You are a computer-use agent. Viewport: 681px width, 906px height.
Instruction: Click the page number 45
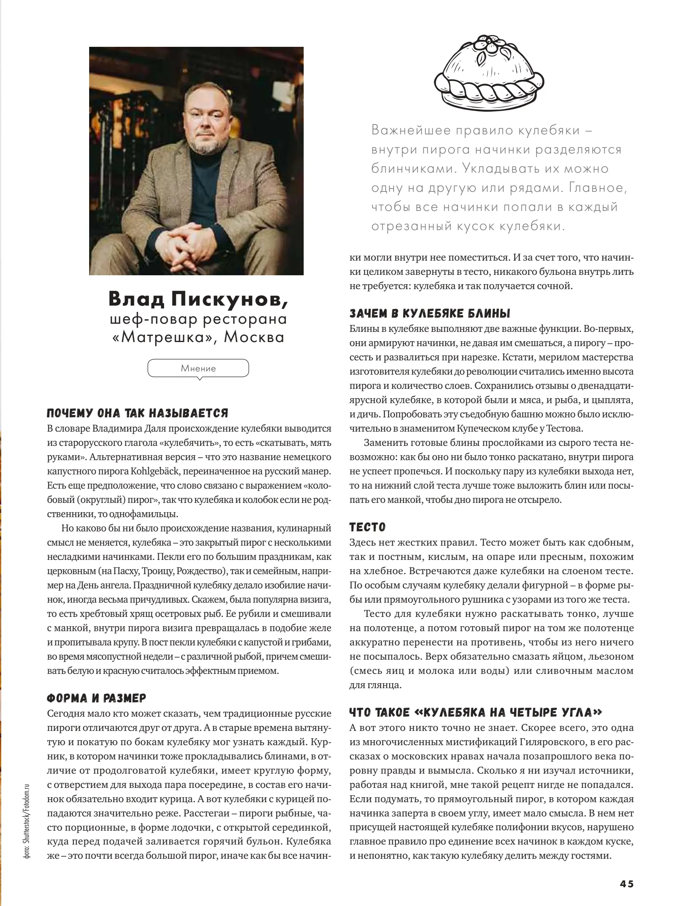pos(626,884)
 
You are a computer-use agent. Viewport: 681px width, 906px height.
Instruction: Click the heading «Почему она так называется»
pos(137,413)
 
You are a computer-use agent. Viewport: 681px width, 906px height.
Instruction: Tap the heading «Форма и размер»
pos(96,698)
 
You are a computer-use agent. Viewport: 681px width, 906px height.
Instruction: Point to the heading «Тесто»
pos(367,527)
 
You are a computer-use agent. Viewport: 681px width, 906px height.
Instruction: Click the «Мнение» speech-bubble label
pos(198,368)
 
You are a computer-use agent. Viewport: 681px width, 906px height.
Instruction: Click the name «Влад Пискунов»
pos(198,299)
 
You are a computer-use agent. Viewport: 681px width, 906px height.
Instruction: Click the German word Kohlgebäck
pos(155,471)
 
